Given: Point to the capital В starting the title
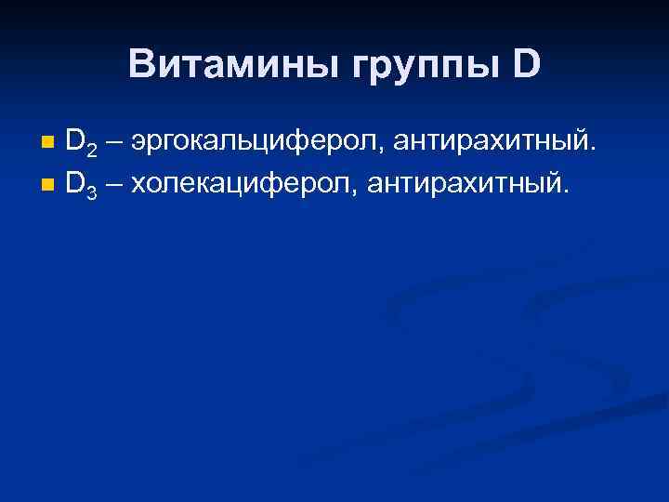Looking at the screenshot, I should coord(142,64).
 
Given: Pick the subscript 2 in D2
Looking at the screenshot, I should coord(91,149).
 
